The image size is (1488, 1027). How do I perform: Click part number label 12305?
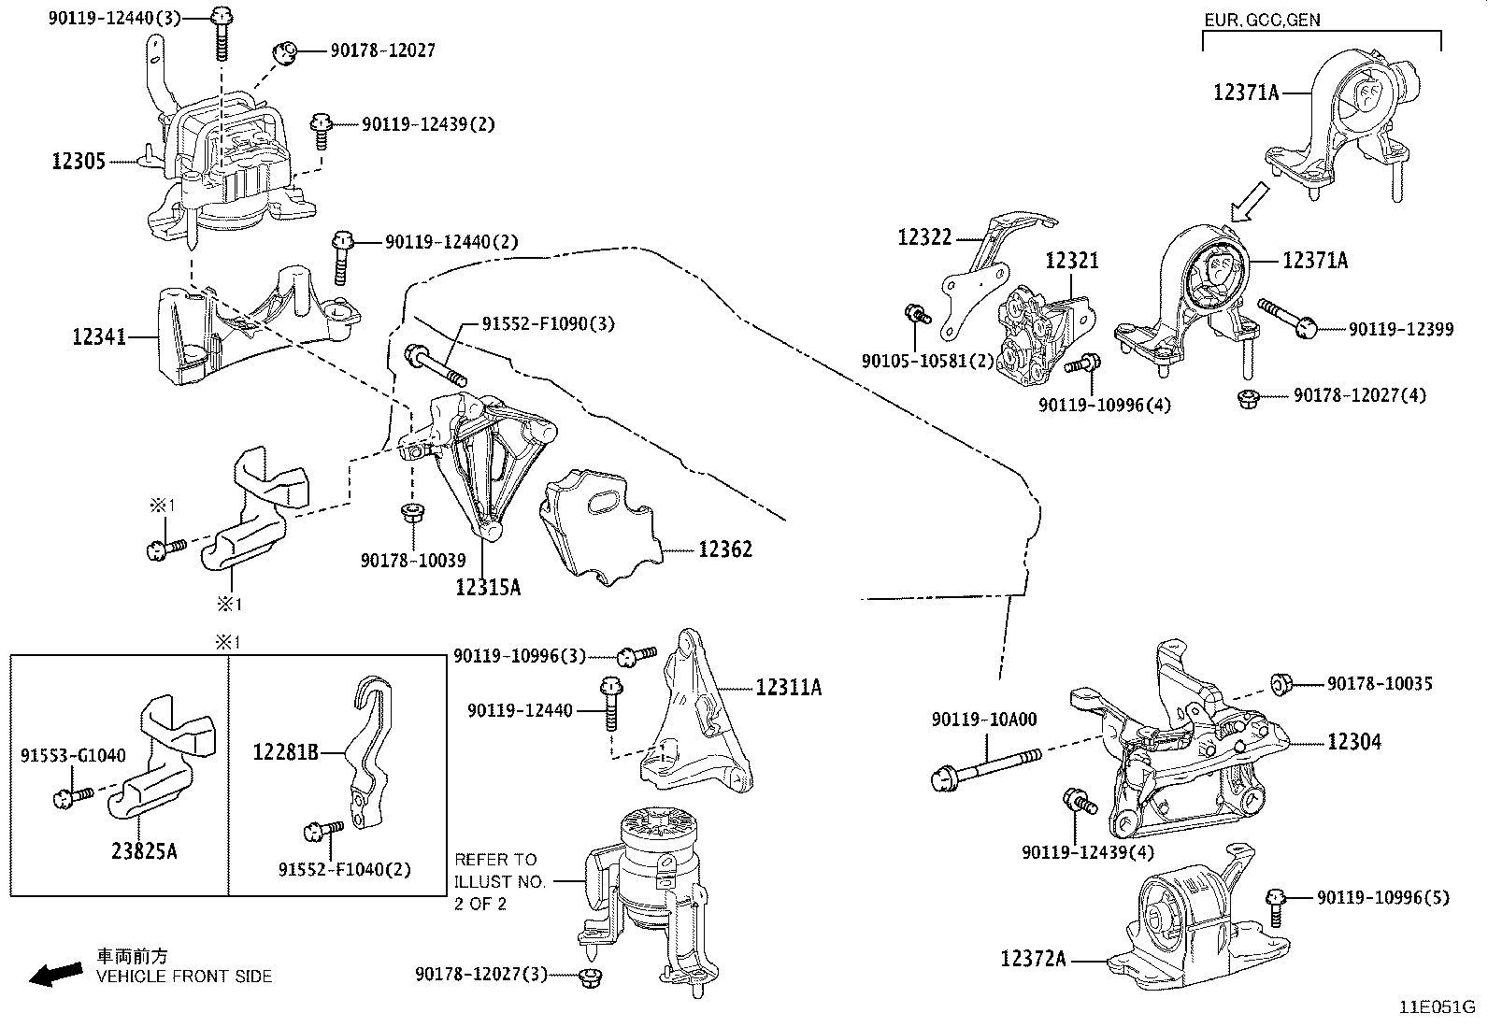79,162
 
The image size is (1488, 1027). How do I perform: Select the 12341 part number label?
99,335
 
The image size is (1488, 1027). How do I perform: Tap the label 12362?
724,549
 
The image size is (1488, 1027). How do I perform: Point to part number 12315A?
488,587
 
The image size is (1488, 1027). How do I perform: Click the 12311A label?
789,688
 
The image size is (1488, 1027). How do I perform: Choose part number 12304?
1354,742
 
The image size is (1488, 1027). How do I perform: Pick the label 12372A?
1033,959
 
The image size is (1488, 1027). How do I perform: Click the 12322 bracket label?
924,237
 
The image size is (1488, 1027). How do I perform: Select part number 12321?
1072,261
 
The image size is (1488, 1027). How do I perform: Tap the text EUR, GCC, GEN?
1261,20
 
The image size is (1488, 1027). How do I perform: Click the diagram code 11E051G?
1437,1008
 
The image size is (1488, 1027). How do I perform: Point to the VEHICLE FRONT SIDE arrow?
54,975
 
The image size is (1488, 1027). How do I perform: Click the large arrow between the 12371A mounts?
1250,202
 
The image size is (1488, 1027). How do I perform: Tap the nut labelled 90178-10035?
1281,684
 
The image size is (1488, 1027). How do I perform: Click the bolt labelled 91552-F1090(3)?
436,364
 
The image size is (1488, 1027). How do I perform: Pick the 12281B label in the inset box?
286,750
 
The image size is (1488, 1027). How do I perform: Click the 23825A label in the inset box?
145,852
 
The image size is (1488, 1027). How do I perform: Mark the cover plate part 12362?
598,528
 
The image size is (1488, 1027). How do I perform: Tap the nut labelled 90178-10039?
410,513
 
